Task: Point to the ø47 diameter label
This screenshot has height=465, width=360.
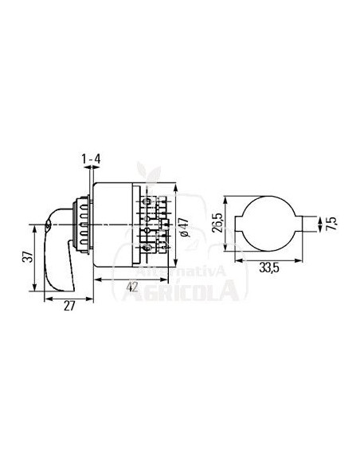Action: coord(184,228)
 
